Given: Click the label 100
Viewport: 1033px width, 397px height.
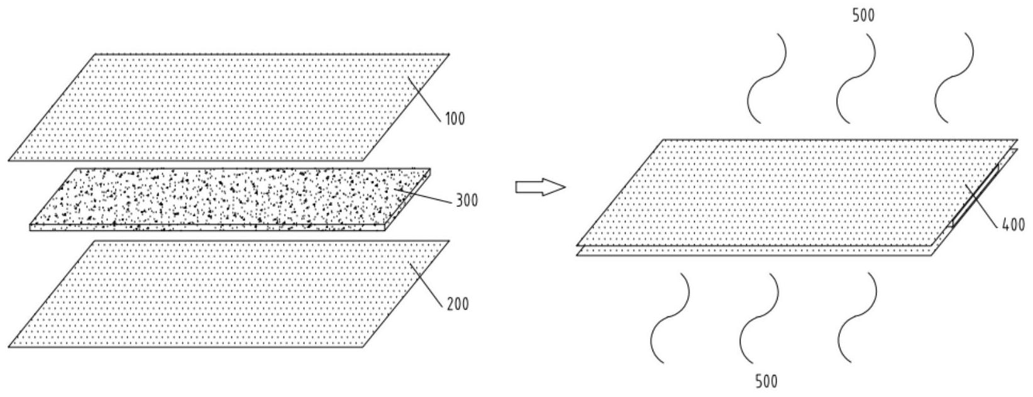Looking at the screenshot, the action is click(x=455, y=119).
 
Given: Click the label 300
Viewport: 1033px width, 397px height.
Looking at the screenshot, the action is click(x=467, y=200).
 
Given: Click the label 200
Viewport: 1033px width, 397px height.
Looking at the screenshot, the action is click(x=458, y=304).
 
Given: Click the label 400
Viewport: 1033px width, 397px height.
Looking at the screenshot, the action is click(x=1014, y=225).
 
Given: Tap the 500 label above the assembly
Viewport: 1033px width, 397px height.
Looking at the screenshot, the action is click(x=863, y=15).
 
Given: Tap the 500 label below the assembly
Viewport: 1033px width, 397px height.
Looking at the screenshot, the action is click(x=766, y=381).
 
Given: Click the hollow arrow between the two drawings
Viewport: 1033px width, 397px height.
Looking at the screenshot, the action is click(x=540, y=187).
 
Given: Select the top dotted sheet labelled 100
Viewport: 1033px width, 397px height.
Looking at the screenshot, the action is click(x=229, y=108).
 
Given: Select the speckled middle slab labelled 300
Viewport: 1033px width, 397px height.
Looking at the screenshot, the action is click(x=230, y=199).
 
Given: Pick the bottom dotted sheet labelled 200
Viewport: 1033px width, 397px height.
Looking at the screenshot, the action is click(x=229, y=294).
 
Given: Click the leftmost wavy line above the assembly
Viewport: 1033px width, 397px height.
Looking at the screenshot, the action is click(x=766, y=79).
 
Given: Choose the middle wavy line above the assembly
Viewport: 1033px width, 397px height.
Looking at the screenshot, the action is click(x=856, y=79).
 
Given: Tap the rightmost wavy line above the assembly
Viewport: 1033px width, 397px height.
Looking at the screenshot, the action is click(x=954, y=79).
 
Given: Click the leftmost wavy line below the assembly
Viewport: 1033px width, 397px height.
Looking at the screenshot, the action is click(x=670, y=318).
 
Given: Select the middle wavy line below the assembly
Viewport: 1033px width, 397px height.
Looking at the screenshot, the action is click(x=759, y=318).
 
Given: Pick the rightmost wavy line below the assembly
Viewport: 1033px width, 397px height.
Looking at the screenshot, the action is click(x=857, y=318).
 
